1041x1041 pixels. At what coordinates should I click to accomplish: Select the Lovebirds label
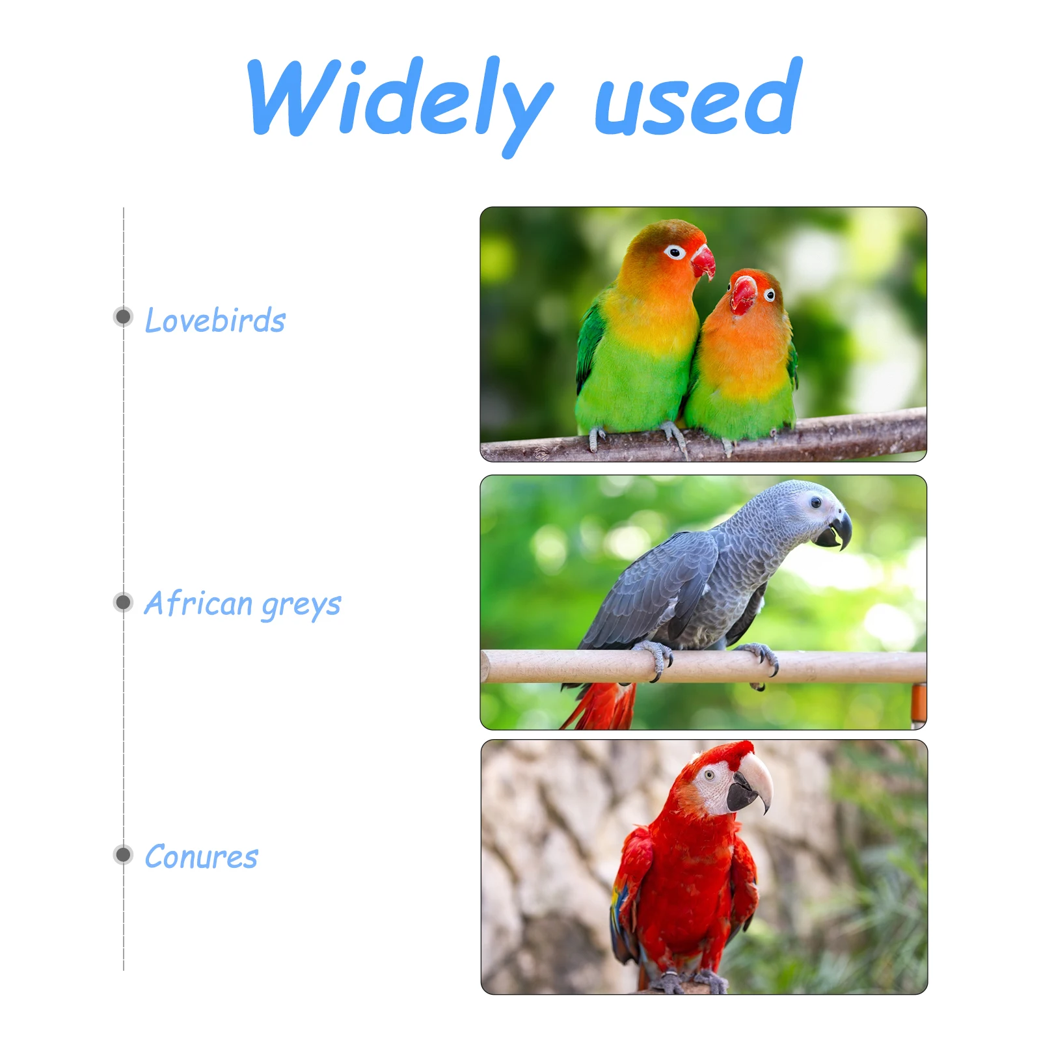coord(215,320)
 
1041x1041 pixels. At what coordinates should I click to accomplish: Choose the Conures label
coord(201,857)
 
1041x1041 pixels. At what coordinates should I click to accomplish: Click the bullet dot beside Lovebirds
coord(122,317)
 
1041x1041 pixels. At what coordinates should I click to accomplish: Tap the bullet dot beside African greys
coord(122,602)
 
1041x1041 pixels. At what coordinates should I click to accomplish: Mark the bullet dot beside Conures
coord(122,854)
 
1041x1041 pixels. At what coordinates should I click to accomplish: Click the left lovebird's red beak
coord(704,262)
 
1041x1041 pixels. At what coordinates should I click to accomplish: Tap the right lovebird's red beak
coord(742,294)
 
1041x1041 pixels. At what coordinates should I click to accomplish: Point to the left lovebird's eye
coord(675,252)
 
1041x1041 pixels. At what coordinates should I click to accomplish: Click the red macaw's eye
coord(709,775)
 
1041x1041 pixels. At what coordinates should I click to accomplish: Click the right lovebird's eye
coord(770,295)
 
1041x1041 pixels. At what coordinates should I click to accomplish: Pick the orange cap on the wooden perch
coord(918,703)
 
